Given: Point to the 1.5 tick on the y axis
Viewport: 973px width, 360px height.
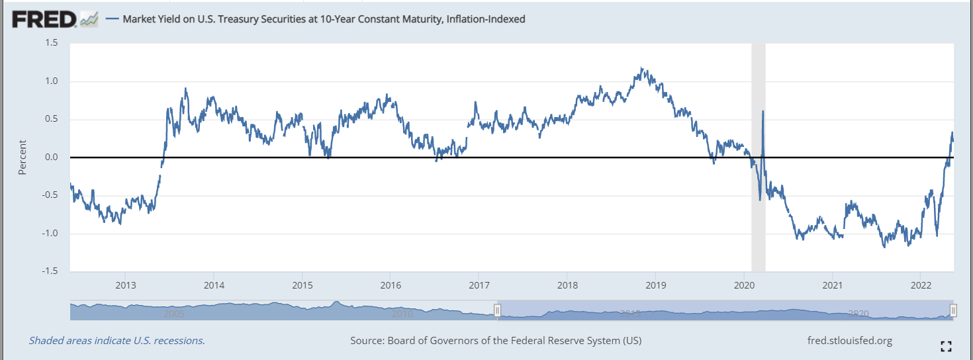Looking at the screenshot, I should coord(52,43).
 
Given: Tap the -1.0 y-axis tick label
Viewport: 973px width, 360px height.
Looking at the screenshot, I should coord(50,234).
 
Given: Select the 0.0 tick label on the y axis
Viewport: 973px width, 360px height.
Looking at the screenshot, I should coord(52,157).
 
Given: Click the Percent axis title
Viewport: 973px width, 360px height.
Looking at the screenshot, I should coord(23,157).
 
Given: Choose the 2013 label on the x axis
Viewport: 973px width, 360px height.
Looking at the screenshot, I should coord(126,286).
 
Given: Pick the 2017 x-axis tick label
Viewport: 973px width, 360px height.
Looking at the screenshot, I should coord(479,286).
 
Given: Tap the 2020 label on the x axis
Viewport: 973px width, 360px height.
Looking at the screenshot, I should coord(744,286).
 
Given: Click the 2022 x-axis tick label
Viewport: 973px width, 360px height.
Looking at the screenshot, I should coord(921,286).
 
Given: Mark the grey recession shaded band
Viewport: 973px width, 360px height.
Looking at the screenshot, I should coord(758,199).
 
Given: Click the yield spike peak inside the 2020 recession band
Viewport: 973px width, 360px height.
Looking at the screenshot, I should coord(763,111).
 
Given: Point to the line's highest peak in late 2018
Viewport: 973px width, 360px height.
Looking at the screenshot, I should coord(641,67).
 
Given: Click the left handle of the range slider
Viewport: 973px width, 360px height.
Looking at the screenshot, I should coord(498,310).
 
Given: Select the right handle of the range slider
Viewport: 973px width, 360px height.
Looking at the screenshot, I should coord(953,310).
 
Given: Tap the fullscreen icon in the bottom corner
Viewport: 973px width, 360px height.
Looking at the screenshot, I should coord(946,345).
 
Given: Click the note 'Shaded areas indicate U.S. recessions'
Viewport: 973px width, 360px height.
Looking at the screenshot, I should coord(116,341).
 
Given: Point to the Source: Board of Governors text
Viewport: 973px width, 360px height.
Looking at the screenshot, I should coord(496,341).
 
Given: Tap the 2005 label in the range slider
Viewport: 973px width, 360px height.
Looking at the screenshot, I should coord(174,314).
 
